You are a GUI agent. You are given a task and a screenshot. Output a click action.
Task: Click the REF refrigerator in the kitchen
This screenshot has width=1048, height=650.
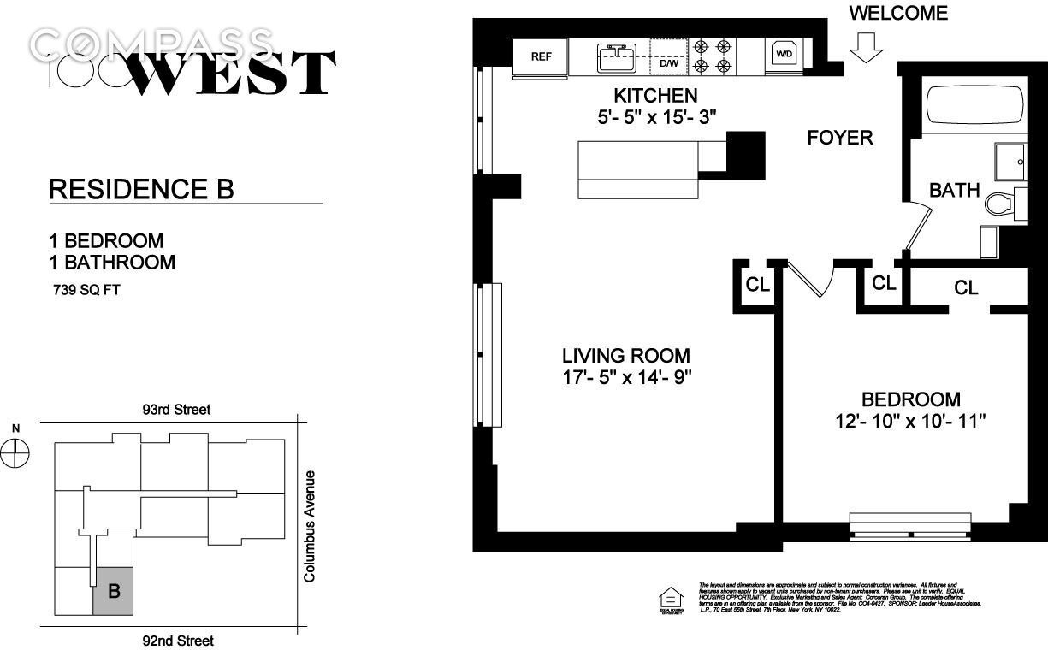click(x=541, y=57)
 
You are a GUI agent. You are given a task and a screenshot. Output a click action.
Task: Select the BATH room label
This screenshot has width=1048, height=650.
click(x=954, y=190)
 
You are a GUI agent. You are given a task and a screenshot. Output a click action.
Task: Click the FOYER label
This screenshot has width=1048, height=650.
click(x=840, y=137)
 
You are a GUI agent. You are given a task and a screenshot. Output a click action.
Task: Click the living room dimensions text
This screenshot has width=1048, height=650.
click(x=625, y=377)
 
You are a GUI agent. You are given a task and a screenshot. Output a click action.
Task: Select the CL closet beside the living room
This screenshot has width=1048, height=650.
click(x=757, y=285)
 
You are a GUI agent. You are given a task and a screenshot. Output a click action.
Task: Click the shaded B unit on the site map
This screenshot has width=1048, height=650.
click(x=113, y=591)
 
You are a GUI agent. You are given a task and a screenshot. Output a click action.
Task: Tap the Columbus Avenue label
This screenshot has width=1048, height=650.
click(x=310, y=526)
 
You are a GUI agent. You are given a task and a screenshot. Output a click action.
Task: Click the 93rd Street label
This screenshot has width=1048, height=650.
click(x=176, y=410)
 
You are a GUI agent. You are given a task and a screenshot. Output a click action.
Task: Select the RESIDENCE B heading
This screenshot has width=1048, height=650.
click(x=142, y=189)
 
